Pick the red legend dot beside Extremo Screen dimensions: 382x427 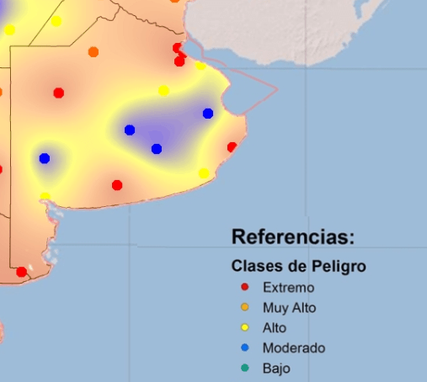tap(244, 288)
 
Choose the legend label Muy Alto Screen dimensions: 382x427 tap(289, 308)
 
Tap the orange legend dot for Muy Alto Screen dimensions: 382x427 tap(244, 308)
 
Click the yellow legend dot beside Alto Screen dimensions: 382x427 tap(244, 328)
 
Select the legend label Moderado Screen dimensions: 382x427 tap(294, 348)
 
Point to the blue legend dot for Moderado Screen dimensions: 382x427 tap(244, 348)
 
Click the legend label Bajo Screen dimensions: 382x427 tap(276, 368)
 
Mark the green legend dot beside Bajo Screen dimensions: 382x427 tap(244, 368)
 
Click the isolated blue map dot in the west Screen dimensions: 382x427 tap(45, 158)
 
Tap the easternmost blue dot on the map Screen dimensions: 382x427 tap(208, 114)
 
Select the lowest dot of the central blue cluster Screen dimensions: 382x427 tap(157, 149)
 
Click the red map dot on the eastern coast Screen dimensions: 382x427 tap(232, 146)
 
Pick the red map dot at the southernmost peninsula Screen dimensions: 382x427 tap(21, 272)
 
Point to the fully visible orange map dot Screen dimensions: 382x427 tap(93, 52)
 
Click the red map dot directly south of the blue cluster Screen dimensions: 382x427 tap(117, 185)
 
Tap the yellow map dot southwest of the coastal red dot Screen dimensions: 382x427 tap(204, 173)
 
